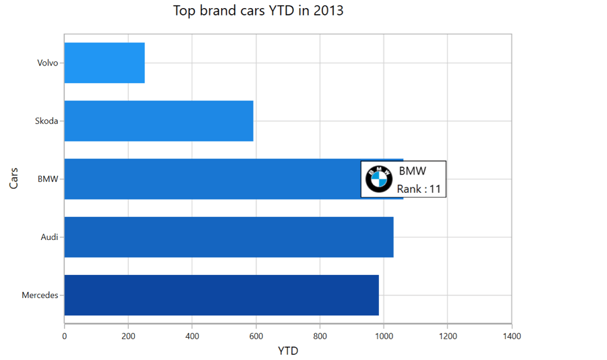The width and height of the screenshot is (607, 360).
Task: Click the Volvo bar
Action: coord(105,63)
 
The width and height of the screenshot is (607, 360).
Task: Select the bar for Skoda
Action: coord(158,121)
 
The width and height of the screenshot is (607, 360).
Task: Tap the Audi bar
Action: coord(229,237)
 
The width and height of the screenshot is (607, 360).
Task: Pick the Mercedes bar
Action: coord(221,295)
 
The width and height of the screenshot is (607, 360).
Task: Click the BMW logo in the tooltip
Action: coord(378,179)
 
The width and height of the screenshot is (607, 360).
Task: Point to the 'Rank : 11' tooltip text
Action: coord(418,189)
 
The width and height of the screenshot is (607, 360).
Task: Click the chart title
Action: coord(258,11)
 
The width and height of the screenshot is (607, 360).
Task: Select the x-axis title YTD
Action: coord(288,351)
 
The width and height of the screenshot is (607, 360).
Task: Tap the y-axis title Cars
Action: coord(13,178)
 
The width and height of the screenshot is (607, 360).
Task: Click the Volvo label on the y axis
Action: coord(48,63)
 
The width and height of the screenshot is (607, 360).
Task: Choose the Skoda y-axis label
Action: coord(47,121)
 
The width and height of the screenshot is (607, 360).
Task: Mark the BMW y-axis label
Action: coord(48,179)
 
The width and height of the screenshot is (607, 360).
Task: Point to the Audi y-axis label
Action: coord(49,237)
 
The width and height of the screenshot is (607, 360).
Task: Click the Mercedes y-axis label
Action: coord(40,295)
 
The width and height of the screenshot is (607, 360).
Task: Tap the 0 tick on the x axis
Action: coord(65,336)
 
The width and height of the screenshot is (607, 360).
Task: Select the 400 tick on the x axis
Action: coord(192,336)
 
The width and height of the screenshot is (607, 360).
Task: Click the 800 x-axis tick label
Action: coord(320,336)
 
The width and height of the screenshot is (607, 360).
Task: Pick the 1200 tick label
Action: coord(447,336)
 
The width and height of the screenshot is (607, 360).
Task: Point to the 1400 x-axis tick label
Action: coord(511,336)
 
